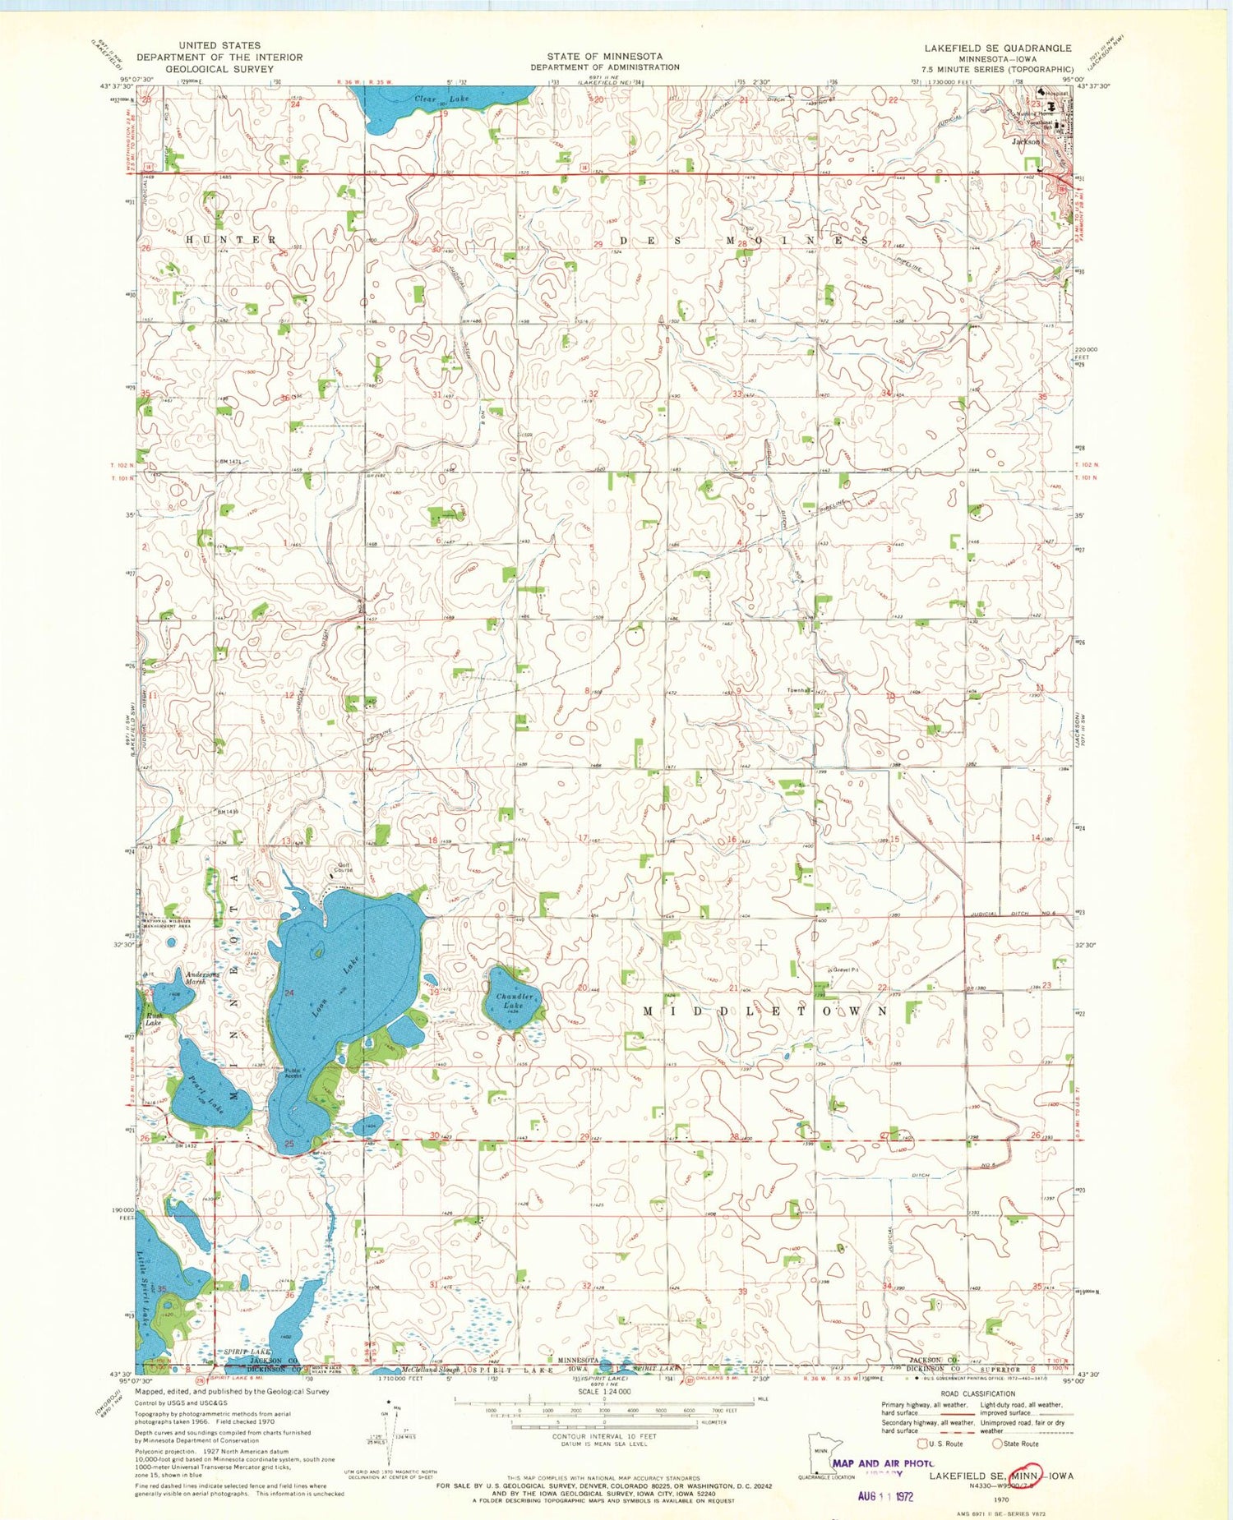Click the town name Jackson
[x=1026, y=141]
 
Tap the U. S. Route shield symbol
[x=924, y=1443]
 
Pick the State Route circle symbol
[x=997, y=1443]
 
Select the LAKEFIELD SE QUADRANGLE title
[x=997, y=48]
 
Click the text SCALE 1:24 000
[x=604, y=1391]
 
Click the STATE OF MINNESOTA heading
[x=604, y=57]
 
